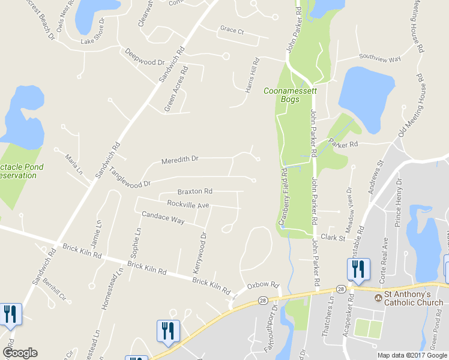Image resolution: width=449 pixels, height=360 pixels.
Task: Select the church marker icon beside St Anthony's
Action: point(378,298)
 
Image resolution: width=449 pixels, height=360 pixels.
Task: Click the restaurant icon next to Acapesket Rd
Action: point(358,269)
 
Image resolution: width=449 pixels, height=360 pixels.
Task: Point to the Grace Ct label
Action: point(232,29)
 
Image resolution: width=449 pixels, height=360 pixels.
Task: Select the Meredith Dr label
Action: point(179,160)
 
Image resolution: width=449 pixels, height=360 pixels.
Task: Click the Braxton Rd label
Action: point(194,191)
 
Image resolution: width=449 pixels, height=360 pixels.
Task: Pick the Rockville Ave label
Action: point(188,205)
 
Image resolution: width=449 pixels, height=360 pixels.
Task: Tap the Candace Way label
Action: point(163,217)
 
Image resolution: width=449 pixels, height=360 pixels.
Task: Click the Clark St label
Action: point(333,238)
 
